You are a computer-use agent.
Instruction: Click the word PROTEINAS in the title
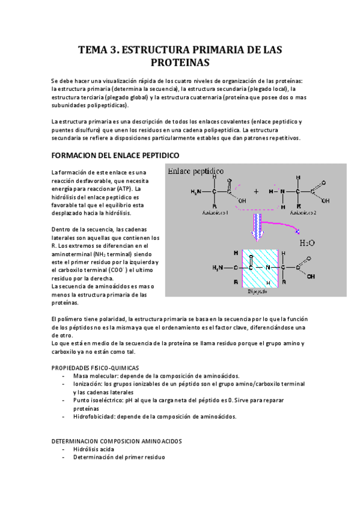[179, 62]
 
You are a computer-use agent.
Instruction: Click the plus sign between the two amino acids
[256, 191]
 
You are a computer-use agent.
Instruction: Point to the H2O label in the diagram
[307, 242]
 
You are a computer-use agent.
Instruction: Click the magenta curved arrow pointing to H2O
[288, 226]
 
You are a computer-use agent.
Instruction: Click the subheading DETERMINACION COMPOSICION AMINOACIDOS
[117, 441]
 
